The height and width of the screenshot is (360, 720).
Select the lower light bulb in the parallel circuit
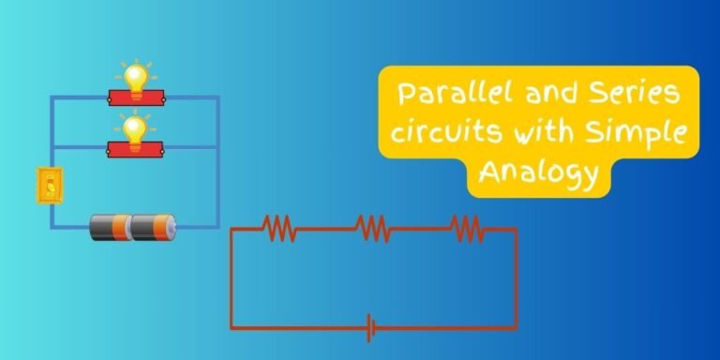click(x=136, y=127)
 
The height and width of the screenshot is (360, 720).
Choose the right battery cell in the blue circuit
click(x=153, y=227)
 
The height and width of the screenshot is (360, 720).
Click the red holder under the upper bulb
click(x=136, y=97)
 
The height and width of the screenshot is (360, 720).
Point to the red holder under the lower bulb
click(x=136, y=147)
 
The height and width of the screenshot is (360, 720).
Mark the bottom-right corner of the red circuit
click(x=516, y=328)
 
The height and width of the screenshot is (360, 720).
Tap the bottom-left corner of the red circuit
click(x=232, y=328)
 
